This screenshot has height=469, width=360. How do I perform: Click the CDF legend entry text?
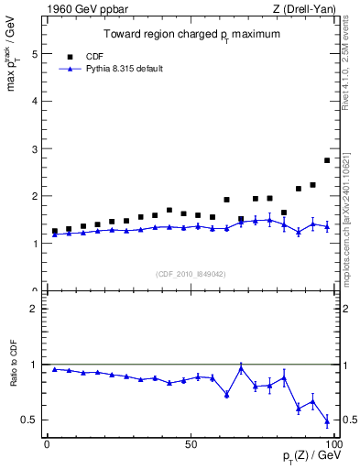coord(96,54)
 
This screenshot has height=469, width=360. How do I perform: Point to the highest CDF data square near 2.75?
coord(327,160)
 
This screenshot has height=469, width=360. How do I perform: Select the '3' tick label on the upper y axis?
coord(36,148)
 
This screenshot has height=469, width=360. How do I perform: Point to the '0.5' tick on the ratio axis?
coord(31,420)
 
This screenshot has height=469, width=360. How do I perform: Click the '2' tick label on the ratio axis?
coord(36,309)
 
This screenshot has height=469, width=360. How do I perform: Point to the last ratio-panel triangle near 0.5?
coord(327,421)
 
